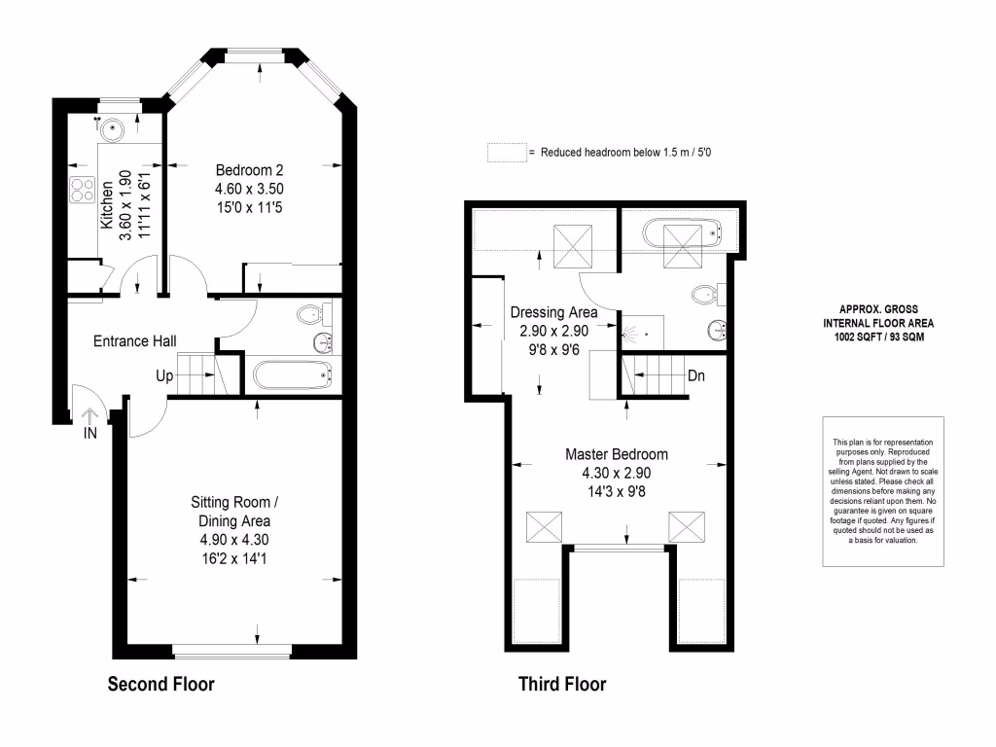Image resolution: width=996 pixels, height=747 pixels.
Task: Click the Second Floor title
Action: tap(160, 684)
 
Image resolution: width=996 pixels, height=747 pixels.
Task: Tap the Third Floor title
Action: tap(561, 684)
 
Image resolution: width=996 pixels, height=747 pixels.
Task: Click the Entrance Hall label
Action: tap(134, 341)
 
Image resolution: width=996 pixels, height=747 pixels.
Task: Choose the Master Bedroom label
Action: tap(617, 454)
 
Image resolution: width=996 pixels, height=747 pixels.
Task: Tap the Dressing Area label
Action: tap(552, 312)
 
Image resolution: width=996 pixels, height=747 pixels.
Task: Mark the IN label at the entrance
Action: tap(89, 434)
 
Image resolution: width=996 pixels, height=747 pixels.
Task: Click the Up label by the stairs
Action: tap(164, 374)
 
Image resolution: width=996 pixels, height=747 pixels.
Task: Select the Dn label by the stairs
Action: tap(696, 374)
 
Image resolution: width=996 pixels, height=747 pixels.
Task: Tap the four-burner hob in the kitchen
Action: tap(81, 190)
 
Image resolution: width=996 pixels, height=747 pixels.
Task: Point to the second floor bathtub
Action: tap(292, 374)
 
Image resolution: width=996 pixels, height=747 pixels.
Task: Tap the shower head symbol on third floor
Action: tap(634, 333)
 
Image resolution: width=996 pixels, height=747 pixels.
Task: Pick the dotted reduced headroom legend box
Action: tap(506, 153)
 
